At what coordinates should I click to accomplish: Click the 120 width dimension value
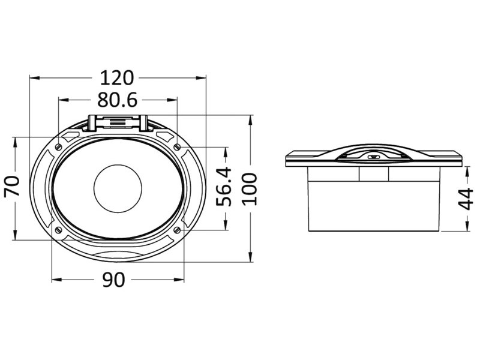pos(117,78)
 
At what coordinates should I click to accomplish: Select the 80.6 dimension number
pos(117,100)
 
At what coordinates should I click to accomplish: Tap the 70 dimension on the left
pos(12,186)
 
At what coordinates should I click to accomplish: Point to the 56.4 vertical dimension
pos(224,187)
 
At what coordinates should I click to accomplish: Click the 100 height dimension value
pos(250,189)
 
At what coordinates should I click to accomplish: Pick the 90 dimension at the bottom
pos(113,280)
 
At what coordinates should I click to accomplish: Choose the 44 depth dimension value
pos(466,199)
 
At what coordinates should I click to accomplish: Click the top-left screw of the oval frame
pos(58,147)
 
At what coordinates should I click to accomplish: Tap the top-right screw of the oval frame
pos(177,147)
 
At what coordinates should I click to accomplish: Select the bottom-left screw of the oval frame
pos(58,230)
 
